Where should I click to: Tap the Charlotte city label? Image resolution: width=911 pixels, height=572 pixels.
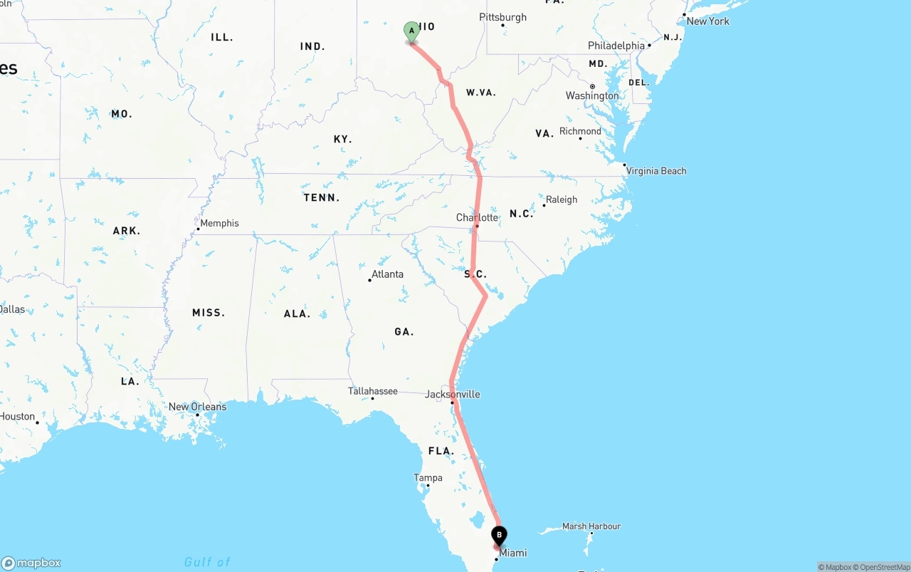(478, 217)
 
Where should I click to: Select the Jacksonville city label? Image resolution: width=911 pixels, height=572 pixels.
(453, 394)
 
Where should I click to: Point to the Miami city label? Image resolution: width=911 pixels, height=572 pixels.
(513, 553)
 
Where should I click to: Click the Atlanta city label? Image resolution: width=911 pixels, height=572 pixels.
(387, 274)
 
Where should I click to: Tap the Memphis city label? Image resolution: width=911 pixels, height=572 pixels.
(219, 223)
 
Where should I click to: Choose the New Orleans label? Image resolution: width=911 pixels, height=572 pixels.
(197, 407)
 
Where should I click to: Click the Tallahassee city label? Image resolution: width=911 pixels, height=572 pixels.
(373, 391)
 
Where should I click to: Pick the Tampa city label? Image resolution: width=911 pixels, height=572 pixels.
(428, 478)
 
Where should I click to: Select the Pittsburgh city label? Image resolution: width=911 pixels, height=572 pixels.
(502, 17)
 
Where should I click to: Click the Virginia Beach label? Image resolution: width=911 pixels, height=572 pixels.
(656, 171)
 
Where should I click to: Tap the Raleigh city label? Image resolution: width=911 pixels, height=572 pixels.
(562, 199)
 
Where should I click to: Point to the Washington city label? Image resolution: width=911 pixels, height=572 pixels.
(592, 95)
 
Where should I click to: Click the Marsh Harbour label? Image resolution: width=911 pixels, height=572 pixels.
(591, 526)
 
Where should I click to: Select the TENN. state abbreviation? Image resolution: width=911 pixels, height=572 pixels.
(322, 197)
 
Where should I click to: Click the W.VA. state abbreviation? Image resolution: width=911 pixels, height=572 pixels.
(481, 93)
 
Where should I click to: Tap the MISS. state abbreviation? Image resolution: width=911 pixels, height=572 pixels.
(209, 313)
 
